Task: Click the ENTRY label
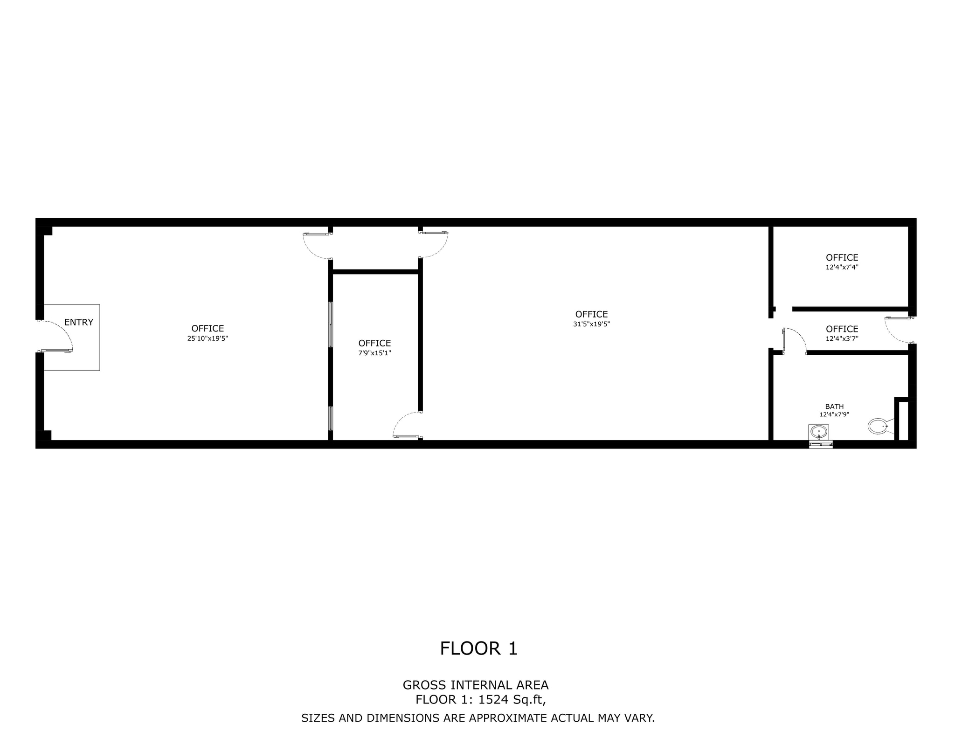point(78,322)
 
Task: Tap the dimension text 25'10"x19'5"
point(208,338)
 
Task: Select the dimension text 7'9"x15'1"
point(374,353)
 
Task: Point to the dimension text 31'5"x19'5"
point(591,324)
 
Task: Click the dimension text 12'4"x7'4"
point(842,268)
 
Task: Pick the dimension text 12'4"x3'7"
point(842,339)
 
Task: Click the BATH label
point(834,407)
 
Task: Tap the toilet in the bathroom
point(879,426)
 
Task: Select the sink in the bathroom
point(819,432)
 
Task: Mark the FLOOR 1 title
point(478,648)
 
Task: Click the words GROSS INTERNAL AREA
point(476,685)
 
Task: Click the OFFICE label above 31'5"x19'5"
point(591,314)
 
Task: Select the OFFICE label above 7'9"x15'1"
point(374,344)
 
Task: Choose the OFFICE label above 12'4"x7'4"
point(842,257)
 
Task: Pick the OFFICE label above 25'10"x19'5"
point(208,329)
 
